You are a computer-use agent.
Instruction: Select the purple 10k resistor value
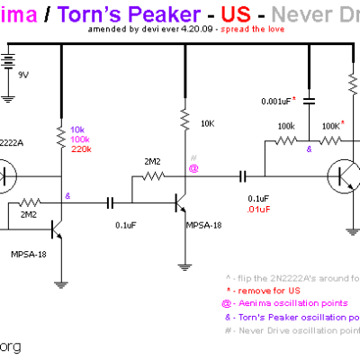point(76,130)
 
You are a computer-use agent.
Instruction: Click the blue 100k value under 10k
point(78,139)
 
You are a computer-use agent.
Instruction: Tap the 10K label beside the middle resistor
point(207,122)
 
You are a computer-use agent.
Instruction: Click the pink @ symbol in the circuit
point(193,168)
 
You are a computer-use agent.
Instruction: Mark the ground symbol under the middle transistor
point(185,266)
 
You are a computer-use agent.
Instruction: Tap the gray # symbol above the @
point(193,157)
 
